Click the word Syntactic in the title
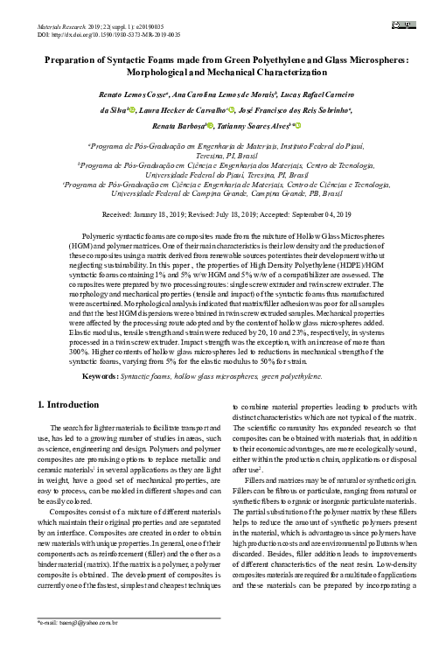click(x=132, y=62)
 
